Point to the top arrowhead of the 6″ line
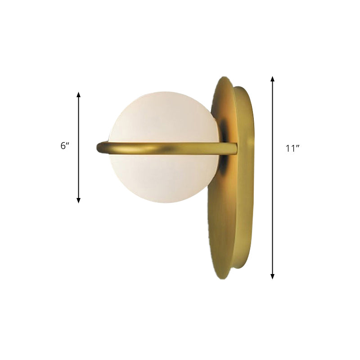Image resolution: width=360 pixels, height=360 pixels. (79, 95)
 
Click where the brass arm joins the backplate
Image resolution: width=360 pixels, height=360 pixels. (232, 148)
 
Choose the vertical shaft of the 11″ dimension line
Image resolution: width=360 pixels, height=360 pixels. (272, 202)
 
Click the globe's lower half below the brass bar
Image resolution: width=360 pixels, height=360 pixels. (165, 178)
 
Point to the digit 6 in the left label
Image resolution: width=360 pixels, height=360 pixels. (63, 147)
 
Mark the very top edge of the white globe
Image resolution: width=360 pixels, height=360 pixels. (165, 92)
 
